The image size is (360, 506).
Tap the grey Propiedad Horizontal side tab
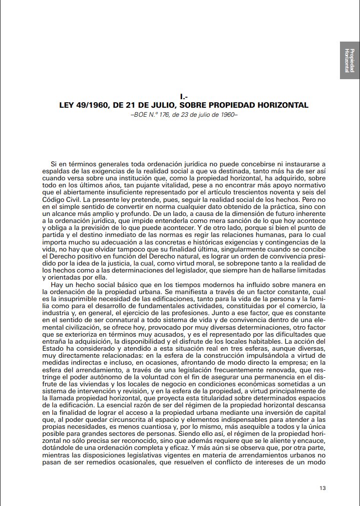[x=350, y=60]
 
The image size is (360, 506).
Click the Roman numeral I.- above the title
[x=183, y=96]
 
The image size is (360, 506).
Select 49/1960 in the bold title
[x=94, y=105]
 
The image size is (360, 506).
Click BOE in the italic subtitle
[x=140, y=114]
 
